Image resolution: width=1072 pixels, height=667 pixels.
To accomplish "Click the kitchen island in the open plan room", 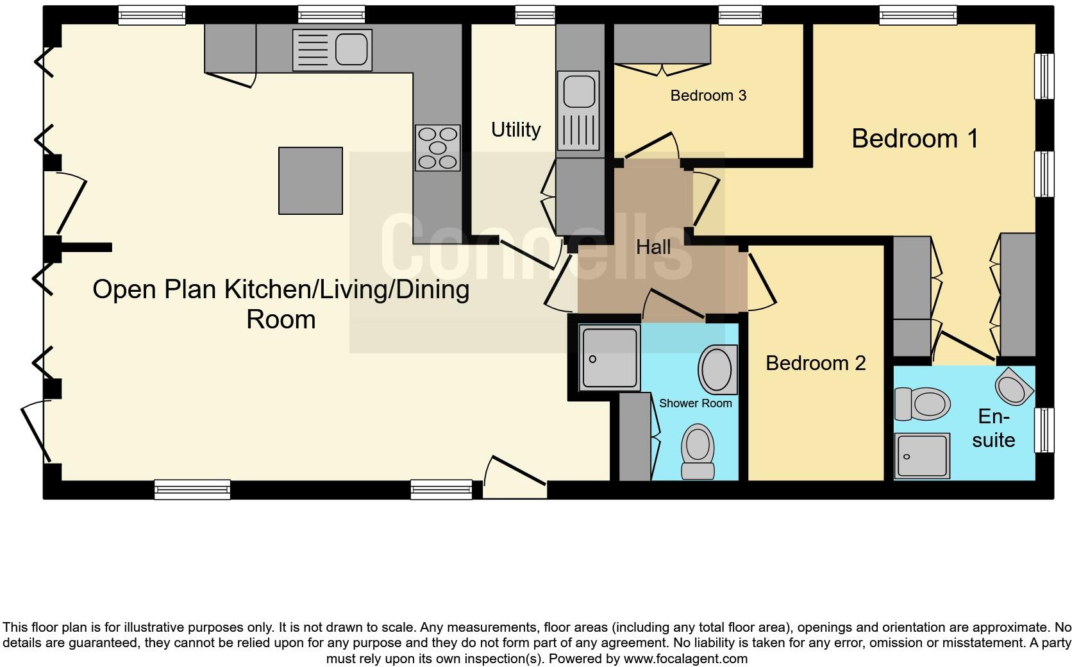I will pos(310,180).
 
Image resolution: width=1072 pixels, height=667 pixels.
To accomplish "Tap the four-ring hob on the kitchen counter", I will pos(438,148).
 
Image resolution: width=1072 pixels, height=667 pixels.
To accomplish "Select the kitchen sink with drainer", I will pos(332,50).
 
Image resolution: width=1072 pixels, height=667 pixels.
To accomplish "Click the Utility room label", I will pos(515,130).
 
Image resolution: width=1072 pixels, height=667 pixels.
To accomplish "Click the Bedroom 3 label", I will pos(708,96).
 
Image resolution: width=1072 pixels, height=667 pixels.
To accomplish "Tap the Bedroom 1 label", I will pos(915,139).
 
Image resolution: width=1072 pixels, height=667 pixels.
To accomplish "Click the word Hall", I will pos(653,247).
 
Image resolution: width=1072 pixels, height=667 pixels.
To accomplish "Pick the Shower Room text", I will pos(695,403).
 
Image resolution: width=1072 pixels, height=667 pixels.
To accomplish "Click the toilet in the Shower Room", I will pos(698,452).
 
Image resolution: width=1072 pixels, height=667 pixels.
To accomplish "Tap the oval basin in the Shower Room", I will pos(718,369).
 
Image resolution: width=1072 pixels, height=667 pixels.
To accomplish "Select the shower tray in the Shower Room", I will pos(609,357).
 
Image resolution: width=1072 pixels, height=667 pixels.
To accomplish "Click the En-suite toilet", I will pos(922,404).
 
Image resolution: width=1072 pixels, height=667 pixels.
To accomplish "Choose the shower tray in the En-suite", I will pos(922,457).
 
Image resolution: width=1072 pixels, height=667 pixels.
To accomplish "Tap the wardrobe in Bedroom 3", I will pos(662,44).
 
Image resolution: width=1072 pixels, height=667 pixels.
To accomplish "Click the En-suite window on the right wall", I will pos(1044,430).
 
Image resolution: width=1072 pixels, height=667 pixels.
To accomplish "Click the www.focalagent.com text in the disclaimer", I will pos(685,659).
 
